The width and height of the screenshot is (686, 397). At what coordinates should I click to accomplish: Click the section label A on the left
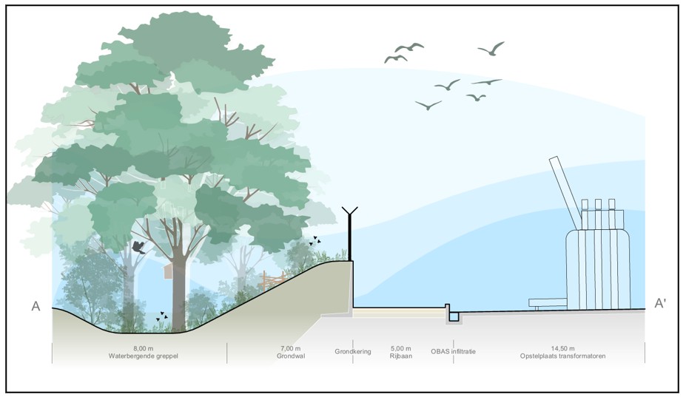pyautogui.click(x=36, y=306)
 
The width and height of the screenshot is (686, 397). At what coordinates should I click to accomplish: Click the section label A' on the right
pyautogui.click(x=660, y=303)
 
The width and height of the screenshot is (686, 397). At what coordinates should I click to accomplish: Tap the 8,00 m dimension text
pyautogui.click(x=144, y=348)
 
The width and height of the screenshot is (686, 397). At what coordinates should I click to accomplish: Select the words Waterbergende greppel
pyautogui.click(x=144, y=356)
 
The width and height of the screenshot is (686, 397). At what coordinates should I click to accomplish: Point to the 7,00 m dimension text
pyautogui.click(x=291, y=348)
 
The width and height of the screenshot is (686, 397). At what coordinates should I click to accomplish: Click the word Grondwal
pyautogui.click(x=291, y=356)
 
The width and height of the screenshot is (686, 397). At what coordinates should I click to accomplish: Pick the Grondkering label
pyautogui.click(x=353, y=351)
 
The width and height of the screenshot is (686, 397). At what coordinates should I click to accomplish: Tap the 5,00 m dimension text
pyautogui.click(x=401, y=348)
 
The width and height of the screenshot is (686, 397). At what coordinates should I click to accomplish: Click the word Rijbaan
pyautogui.click(x=401, y=356)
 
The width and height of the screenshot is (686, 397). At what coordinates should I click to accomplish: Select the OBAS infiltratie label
pyautogui.click(x=453, y=351)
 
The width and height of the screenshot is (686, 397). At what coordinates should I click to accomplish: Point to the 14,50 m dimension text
pyautogui.click(x=562, y=348)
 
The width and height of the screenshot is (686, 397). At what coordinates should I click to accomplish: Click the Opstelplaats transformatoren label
pyautogui.click(x=562, y=356)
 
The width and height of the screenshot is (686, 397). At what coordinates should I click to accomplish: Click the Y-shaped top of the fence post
pyautogui.click(x=350, y=211)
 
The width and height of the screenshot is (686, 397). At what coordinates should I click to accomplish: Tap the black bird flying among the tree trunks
pyautogui.click(x=138, y=248)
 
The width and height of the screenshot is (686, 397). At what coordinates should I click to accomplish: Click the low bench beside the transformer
pyautogui.click(x=548, y=303)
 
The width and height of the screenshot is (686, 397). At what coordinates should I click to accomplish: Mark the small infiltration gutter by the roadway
pyautogui.click(x=453, y=314)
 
